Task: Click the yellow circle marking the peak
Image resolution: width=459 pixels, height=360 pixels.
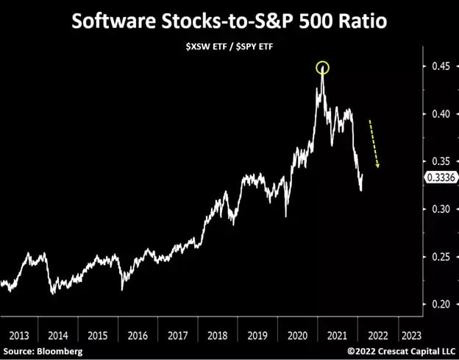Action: (322, 68)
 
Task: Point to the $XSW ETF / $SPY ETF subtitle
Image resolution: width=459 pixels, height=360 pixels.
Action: (229, 49)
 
